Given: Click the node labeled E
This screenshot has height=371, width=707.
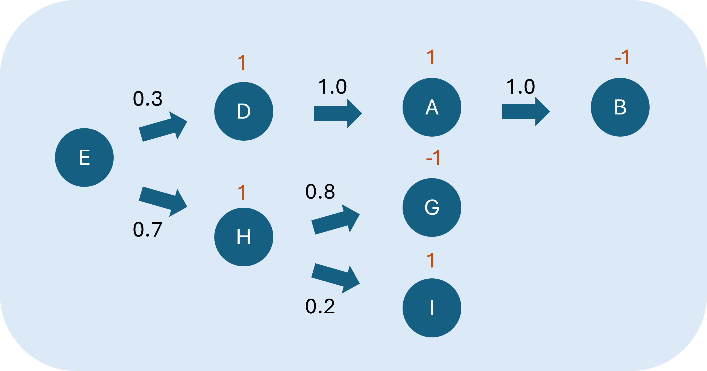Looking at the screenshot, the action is pos(84,158).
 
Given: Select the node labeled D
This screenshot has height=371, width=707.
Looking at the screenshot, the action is pos(244,111).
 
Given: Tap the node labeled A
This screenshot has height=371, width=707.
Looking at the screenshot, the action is pos(432,107).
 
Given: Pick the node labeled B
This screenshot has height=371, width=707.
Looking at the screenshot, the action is pos(620,107).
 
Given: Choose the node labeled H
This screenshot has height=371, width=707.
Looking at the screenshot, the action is pos(244,237).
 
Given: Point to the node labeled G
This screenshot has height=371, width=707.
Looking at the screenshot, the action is pos(432,207).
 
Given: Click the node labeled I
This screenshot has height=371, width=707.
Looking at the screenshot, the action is pos(432,308).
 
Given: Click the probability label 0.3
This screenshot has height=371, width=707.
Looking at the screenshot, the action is pos(148,99).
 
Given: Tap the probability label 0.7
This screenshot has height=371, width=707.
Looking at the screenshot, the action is pos(148,230).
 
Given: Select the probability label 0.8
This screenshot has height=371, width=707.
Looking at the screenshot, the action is pos(320,192).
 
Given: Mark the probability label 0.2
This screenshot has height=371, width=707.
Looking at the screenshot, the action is pos(320,306).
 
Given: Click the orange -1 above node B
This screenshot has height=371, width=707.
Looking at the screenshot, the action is pos(622,57).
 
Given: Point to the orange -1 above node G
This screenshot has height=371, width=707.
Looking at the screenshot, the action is pos(433,158).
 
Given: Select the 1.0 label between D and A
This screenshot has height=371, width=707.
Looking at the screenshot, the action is pos(332,87).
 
